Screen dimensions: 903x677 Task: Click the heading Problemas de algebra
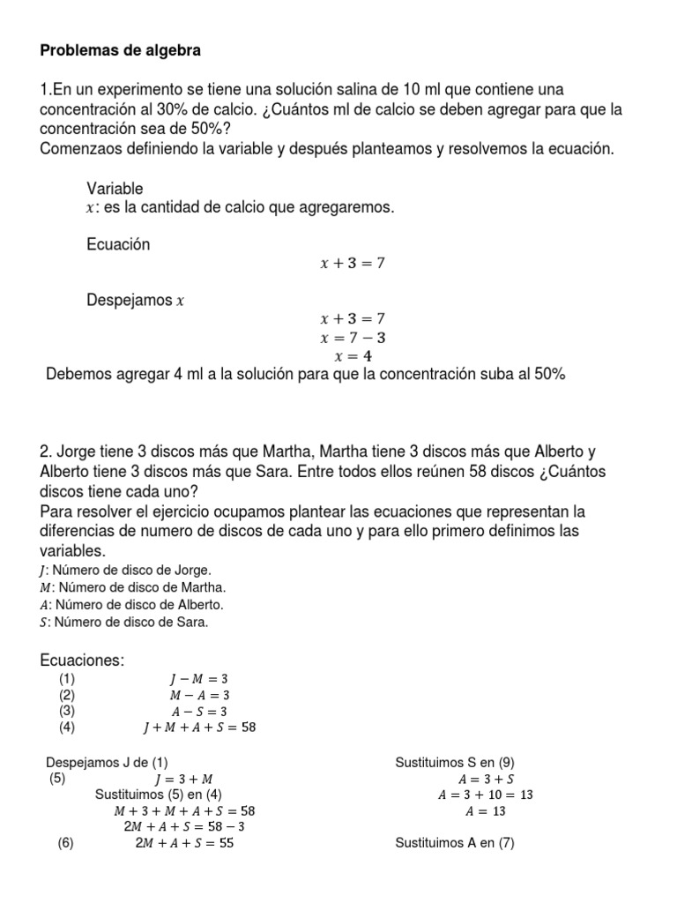coord(121,51)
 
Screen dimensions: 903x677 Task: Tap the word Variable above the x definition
coord(115,189)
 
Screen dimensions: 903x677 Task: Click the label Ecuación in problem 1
coord(118,244)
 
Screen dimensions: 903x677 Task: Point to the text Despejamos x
coord(135,300)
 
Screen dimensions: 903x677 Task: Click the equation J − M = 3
coord(198,679)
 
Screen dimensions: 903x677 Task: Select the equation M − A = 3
coord(198,695)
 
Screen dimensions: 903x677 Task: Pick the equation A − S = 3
coord(198,711)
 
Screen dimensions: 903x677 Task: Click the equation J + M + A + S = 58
coord(198,728)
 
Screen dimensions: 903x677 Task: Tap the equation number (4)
coord(68,728)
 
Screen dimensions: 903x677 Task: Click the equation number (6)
coord(66,843)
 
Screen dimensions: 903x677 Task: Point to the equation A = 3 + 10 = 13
coord(486,795)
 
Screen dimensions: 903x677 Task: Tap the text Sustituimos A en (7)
coord(455,843)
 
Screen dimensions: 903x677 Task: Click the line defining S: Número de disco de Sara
coord(124,623)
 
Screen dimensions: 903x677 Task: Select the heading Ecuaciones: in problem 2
coord(84,660)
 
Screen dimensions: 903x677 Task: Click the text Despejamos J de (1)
coord(107,762)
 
